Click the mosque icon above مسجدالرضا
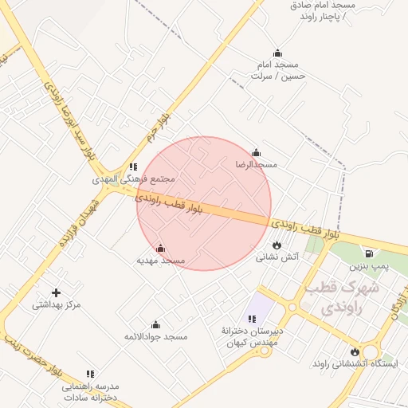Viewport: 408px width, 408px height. click(x=256, y=153)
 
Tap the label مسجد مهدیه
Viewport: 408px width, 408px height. click(x=161, y=261)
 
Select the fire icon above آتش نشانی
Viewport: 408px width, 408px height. click(x=277, y=245)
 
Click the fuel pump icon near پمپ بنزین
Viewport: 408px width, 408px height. click(x=370, y=253)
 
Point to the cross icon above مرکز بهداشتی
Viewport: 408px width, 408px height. click(x=56, y=292)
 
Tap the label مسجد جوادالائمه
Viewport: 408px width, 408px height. click(x=155, y=337)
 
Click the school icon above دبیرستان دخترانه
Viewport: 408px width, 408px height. click(x=252, y=319)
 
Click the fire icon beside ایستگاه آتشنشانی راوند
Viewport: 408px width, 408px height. click(x=355, y=351)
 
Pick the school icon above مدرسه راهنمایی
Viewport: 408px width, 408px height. click(x=90, y=373)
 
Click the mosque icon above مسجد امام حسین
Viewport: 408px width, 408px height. click(x=277, y=53)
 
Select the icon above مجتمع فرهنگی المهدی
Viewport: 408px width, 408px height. click(x=133, y=167)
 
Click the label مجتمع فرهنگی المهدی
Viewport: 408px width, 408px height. click(x=133, y=179)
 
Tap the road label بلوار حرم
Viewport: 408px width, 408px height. click(x=166, y=132)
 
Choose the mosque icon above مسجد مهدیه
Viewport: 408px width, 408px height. click(x=161, y=248)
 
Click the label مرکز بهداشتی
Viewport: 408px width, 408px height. click(x=57, y=305)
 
